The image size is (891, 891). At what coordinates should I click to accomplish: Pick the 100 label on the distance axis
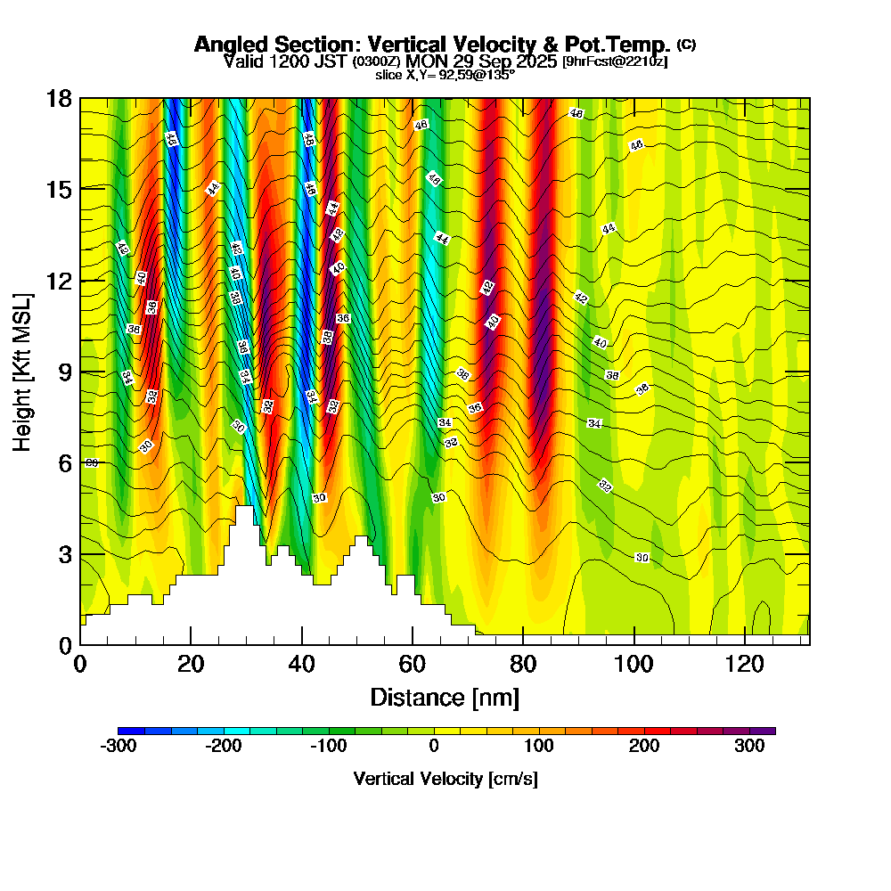tap(634, 664)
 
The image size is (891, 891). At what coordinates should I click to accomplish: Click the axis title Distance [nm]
tap(445, 697)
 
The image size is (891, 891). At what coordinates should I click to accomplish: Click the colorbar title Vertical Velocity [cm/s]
tap(445, 779)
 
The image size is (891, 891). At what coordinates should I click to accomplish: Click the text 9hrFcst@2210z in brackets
tap(614, 61)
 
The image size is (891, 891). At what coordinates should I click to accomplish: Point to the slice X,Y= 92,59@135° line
tap(445, 75)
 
